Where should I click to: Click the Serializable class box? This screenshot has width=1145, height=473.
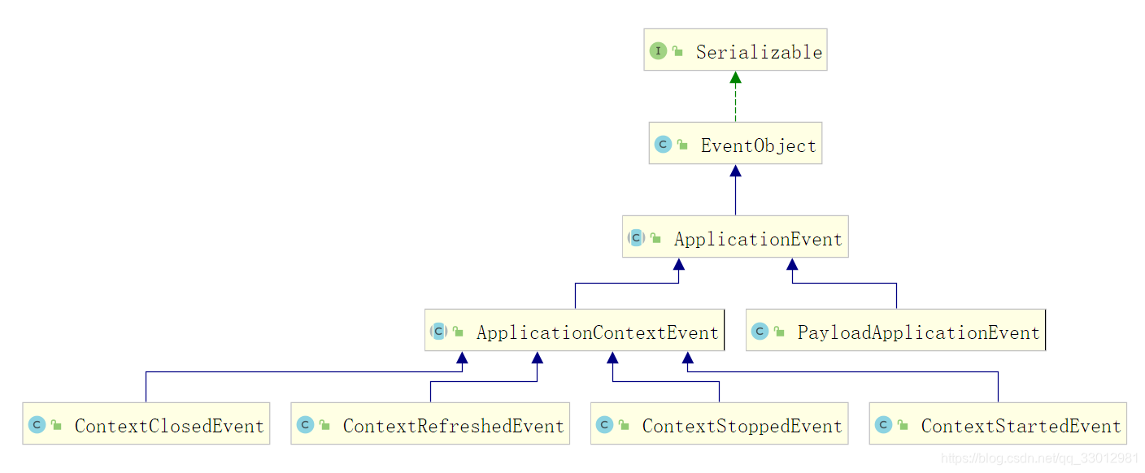pyautogui.click(x=735, y=50)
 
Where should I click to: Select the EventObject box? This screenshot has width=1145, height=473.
pyautogui.click(x=735, y=143)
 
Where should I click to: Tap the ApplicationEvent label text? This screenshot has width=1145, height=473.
pyautogui.click(x=758, y=239)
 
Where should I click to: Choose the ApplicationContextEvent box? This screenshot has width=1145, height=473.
pyautogui.click(x=574, y=330)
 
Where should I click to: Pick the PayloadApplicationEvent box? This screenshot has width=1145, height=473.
pyautogui.click(x=895, y=330)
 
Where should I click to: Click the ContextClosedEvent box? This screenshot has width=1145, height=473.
pyautogui.click(x=146, y=423)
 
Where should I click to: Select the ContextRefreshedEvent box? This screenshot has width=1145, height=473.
pyautogui.click(x=430, y=423)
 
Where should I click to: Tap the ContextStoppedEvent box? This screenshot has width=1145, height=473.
pyautogui.click(x=719, y=423)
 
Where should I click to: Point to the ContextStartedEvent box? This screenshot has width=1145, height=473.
pyautogui.click(x=998, y=423)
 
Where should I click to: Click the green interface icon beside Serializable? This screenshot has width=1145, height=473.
pyautogui.click(x=658, y=50)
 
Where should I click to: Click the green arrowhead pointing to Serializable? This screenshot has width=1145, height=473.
pyautogui.click(x=736, y=77)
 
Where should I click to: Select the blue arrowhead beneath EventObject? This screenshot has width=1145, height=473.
pyautogui.click(x=736, y=171)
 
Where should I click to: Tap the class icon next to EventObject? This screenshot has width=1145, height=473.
pyautogui.click(x=663, y=144)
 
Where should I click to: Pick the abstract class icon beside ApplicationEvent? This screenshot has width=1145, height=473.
pyautogui.click(x=637, y=237)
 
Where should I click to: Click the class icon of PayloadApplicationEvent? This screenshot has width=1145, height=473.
pyautogui.click(x=760, y=331)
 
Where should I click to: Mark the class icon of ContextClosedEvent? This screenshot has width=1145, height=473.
pyautogui.click(x=37, y=424)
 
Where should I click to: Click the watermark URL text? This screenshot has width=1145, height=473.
pyautogui.click(x=1039, y=458)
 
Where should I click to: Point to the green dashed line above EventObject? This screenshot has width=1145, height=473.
pyautogui.click(x=736, y=102)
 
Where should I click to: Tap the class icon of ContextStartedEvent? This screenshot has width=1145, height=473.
pyautogui.click(x=883, y=424)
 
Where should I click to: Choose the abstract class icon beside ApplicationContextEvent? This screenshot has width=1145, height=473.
pyautogui.click(x=438, y=331)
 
